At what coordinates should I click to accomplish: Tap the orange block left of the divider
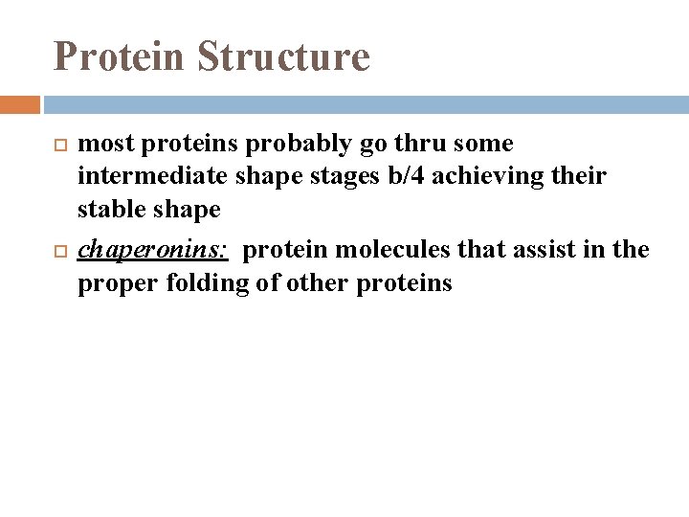[x=20, y=103]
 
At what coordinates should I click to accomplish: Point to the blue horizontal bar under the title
[x=365, y=103]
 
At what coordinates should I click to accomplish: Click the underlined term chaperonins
[x=152, y=251]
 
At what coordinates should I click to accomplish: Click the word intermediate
[x=154, y=176]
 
